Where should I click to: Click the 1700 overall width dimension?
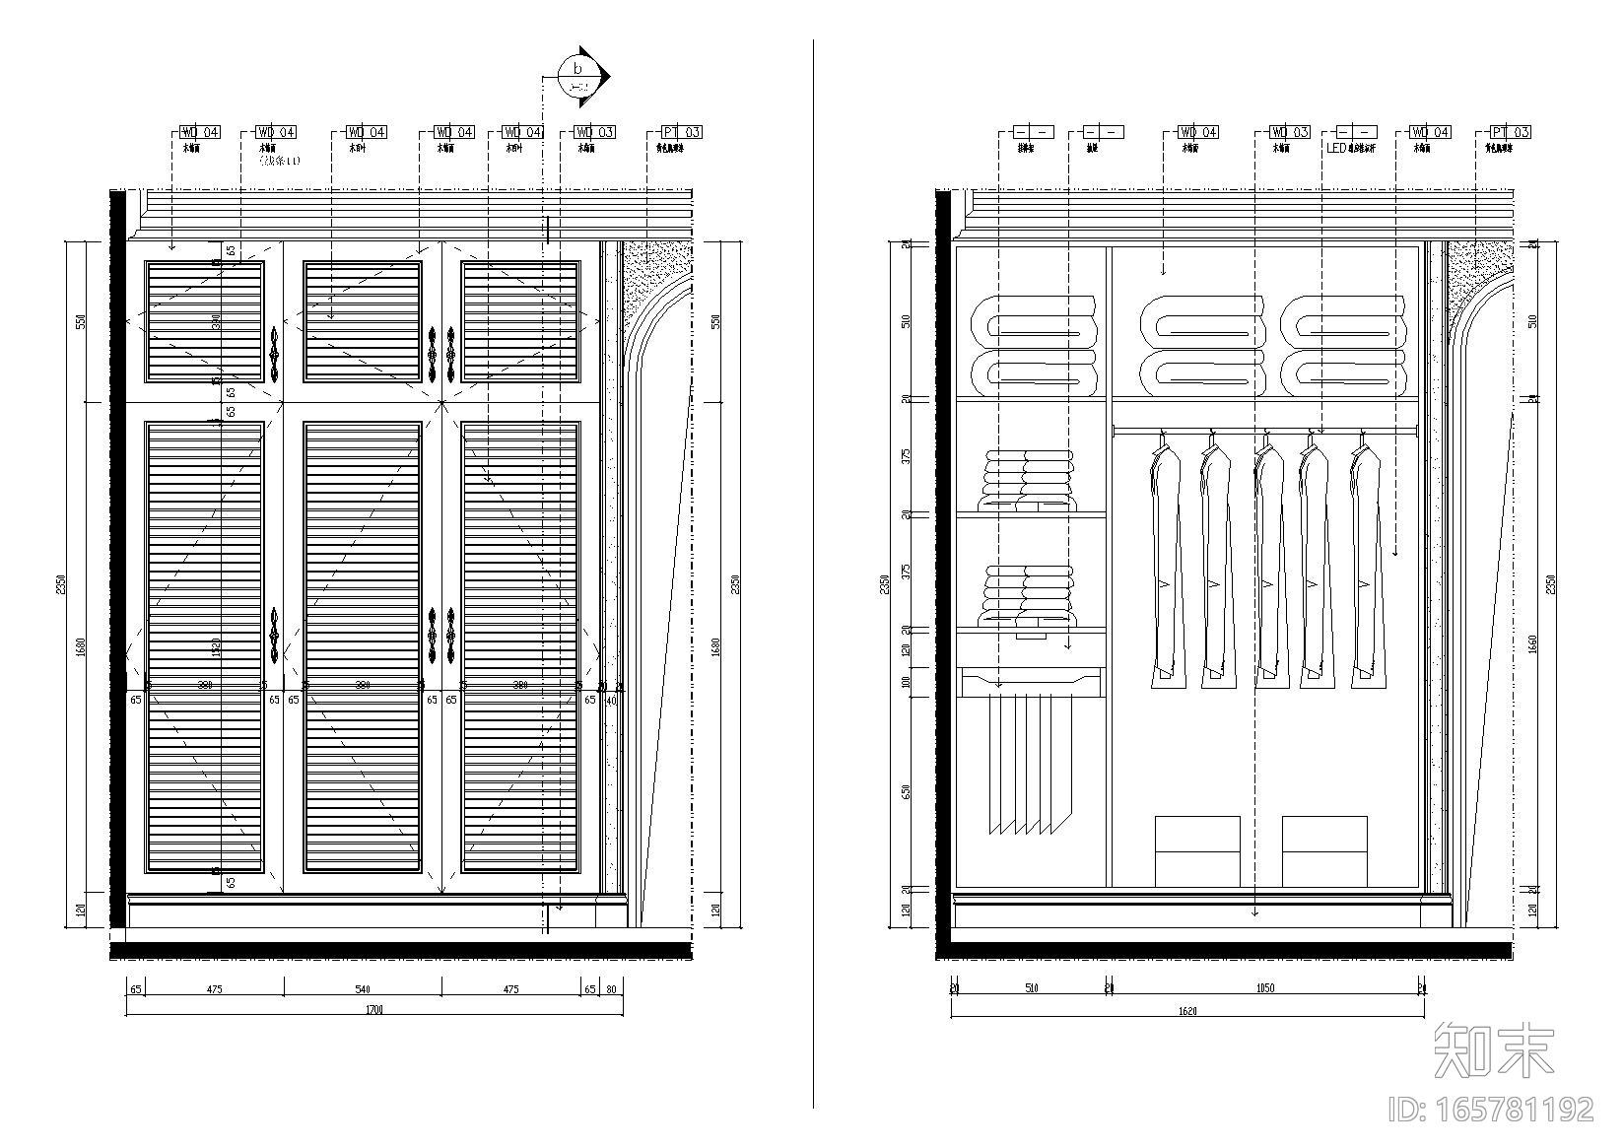pos(373,1009)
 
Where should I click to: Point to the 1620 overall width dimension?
pos(1187,1010)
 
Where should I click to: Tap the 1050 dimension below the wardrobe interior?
pos(1265,988)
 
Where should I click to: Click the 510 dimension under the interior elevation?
pos(1031,988)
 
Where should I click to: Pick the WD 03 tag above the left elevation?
pos(595,132)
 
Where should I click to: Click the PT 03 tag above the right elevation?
pos(1511,132)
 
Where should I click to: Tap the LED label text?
pos(1336,149)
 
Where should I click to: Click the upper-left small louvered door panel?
pos(205,321)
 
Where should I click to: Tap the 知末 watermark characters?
pos(1494,1050)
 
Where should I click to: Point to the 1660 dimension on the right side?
pos(1533,645)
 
